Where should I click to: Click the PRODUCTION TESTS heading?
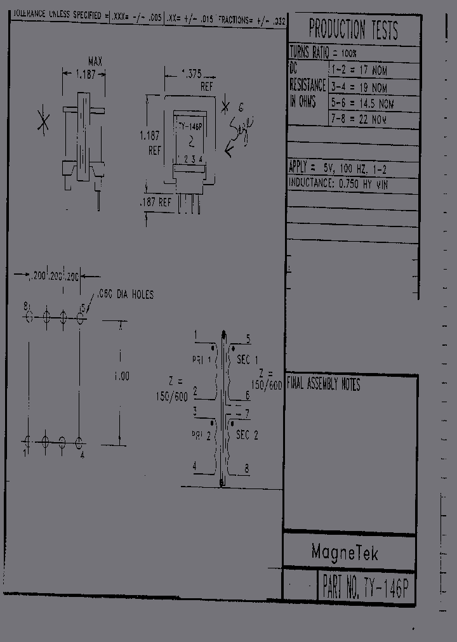pos(353,30)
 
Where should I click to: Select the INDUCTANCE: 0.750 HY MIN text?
pos(338,183)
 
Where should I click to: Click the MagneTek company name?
pos(345,553)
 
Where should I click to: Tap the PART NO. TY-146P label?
pos(366,589)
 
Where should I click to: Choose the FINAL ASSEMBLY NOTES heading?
pos(323,384)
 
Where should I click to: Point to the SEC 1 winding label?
pos(247,360)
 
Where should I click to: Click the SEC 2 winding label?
pos(247,435)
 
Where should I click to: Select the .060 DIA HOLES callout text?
pos(125,294)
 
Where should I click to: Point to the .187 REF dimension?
pos(156,202)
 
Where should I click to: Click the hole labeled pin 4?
pos(79,441)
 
